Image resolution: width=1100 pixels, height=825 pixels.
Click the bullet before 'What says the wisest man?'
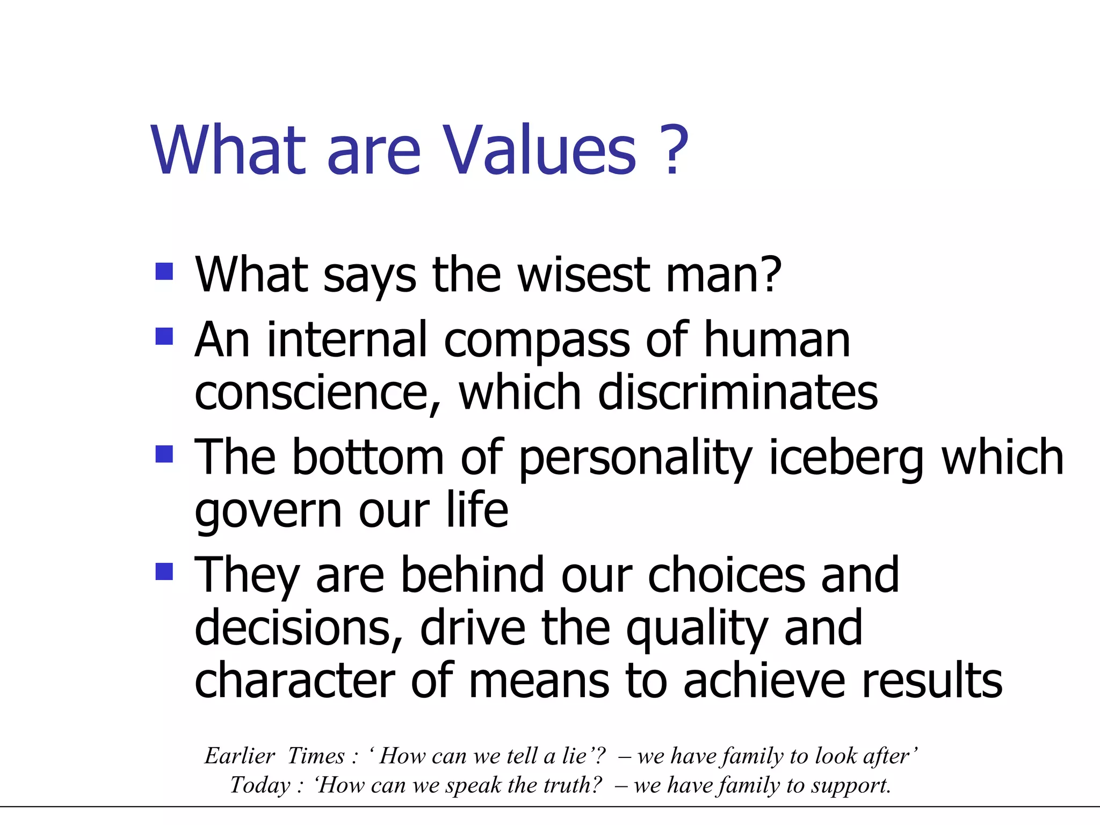coord(164,271)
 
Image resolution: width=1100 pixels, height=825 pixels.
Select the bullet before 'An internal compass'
coord(164,336)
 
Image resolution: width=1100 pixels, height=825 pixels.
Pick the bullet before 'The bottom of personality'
coord(164,454)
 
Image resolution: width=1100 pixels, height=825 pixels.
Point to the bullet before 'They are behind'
coord(164,571)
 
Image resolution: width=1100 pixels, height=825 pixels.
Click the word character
coord(294,681)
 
